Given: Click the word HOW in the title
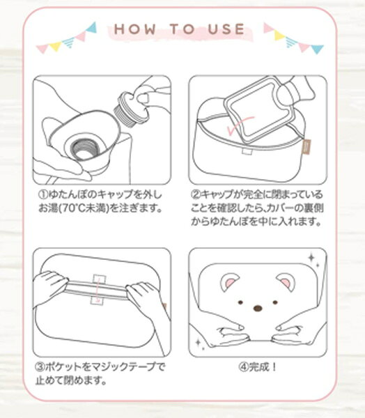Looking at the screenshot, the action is pyautogui.click(x=134, y=29).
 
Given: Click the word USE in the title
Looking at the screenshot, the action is pyautogui.click(x=226, y=29).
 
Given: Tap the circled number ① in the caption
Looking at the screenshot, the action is pyautogui.click(x=43, y=194).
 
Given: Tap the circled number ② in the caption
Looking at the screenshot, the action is pyautogui.click(x=196, y=194).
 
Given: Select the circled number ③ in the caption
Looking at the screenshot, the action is pyautogui.click(x=40, y=367).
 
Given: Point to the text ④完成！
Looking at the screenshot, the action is pyautogui.click(x=258, y=367).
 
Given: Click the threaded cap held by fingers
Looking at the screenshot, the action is pyautogui.click(x=125, y=110).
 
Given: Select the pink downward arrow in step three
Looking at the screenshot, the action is pyautogui.click(x=99, y=290).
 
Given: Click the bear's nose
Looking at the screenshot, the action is pyautogui.click(x=258, y=309).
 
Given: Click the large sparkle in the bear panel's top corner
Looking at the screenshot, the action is pyautogui.click(x=311, y=258).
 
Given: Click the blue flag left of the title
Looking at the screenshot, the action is pyautogui.click(x=92, y=27).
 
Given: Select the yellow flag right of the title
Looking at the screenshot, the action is pyautogui.click(x=279, y=36).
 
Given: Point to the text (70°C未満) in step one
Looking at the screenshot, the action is pyautogui.click(x=83, y=208).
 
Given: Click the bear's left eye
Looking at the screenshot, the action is pyautogui.click(x=240, y=302).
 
